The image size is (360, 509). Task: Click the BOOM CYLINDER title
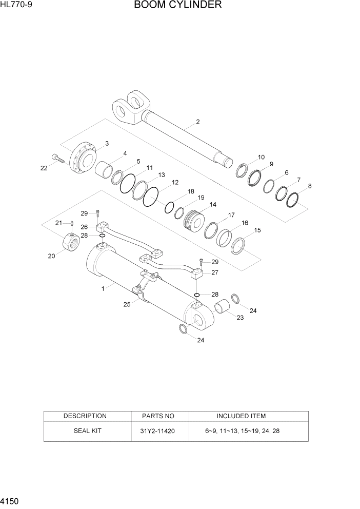(177, 6)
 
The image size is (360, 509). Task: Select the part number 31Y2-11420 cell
(158, 431)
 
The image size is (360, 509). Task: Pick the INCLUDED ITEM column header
(241, 416)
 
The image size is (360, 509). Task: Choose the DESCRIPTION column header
(85, 416)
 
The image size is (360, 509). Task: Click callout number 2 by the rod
(197, 122)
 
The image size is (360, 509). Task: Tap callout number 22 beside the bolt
(44, 167)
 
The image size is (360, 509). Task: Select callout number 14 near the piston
(212, 205)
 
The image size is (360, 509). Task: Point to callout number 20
(51, 256)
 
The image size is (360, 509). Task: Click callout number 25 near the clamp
(127, 304)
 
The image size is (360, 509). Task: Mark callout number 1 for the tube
(103, 289)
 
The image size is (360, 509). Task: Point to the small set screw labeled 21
(72, 223)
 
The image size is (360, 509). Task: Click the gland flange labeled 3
(83, 159)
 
